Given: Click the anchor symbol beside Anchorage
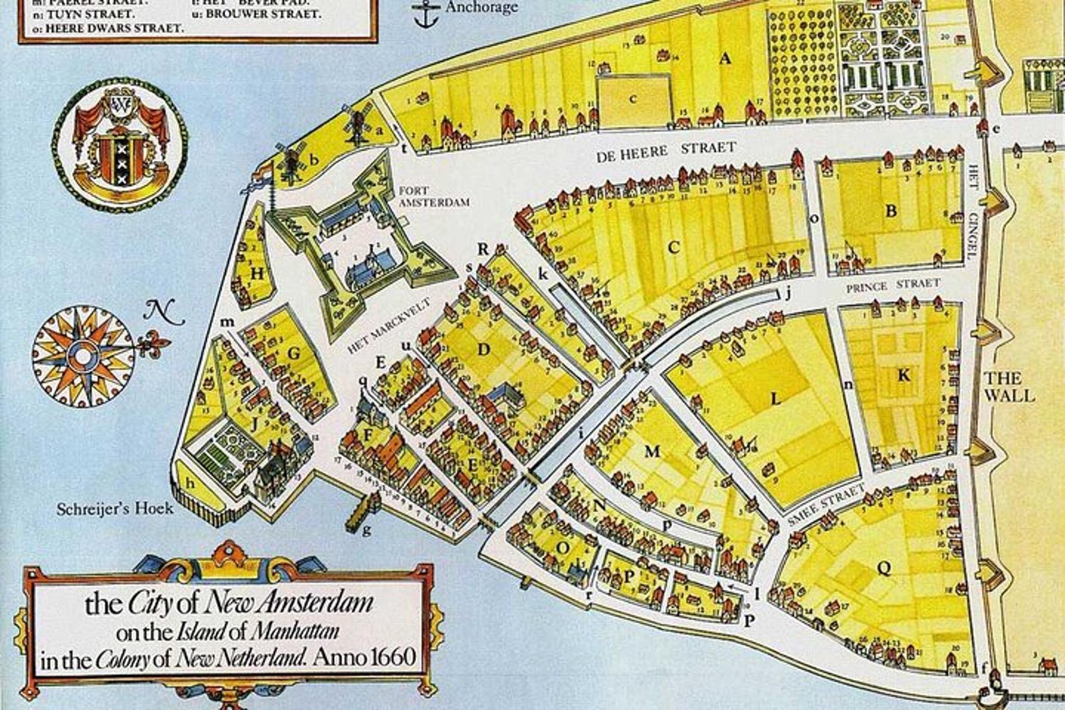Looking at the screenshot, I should [425, 15].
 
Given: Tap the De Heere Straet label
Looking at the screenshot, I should [666, 151].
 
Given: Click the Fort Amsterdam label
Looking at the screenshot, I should [434, 197].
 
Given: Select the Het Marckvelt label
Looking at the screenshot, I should [389, 326].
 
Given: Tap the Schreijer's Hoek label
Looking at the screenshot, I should [115, 508].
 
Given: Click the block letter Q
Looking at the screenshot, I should [884, 568].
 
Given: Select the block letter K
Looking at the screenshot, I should [904, 375].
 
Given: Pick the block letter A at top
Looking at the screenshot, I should [725, 59].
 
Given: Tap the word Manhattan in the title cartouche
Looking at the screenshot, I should [294, 632].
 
